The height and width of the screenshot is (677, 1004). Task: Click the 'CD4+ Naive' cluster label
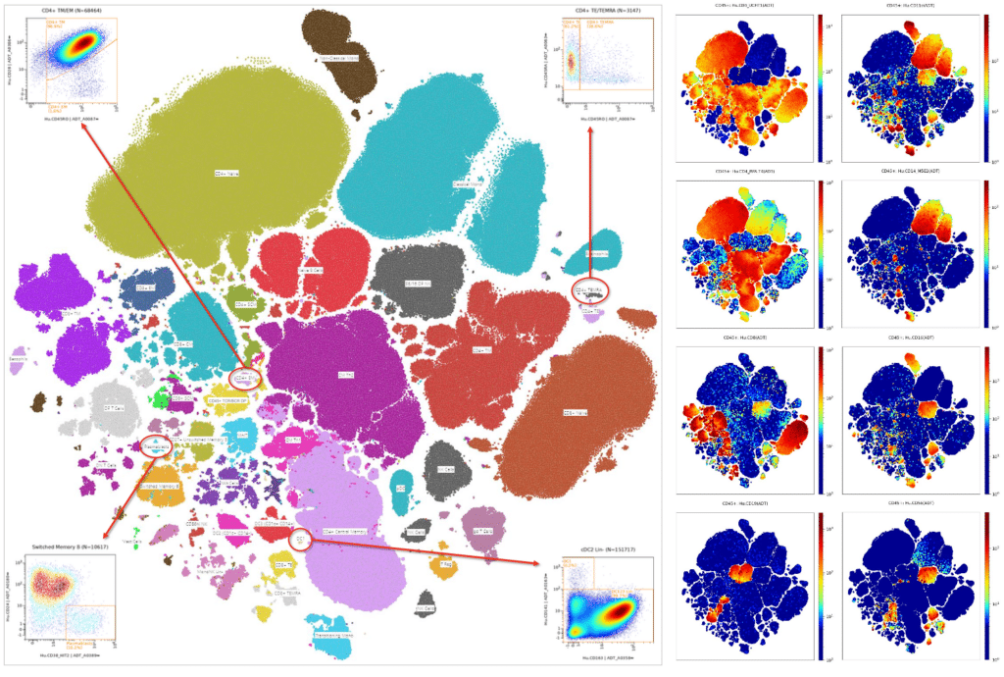pyautogui.click(x=227, y=173)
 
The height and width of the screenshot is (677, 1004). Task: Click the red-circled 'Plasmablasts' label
pyautogui.click(x=156, y=446)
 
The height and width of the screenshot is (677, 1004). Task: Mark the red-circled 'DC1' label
pyautogui.click(x=300, y=538)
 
